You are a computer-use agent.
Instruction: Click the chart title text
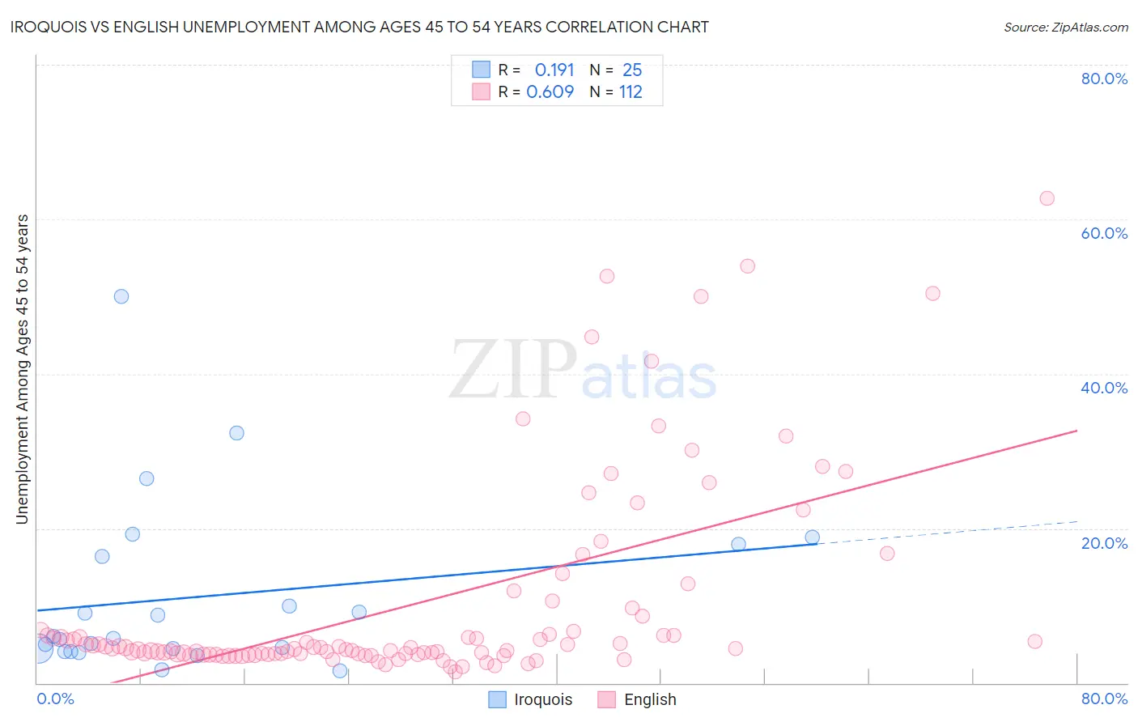359,27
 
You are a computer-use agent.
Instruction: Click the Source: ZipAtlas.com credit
1065,27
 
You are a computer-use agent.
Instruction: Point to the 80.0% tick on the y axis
1104,79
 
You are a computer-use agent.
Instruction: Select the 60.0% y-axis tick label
1104,233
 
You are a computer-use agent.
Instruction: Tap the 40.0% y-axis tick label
1104,388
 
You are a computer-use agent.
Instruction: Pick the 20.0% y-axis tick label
1104,543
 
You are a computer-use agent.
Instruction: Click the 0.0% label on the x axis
55,699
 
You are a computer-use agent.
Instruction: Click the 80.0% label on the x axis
1104,699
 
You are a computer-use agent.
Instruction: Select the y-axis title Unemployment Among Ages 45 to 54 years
23,369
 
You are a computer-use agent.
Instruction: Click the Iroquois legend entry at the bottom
531,699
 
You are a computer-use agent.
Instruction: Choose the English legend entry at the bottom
638,699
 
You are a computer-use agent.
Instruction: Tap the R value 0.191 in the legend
554,70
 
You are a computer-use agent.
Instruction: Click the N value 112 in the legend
631,92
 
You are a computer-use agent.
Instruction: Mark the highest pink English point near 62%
1047,198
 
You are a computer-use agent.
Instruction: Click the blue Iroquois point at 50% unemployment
121,296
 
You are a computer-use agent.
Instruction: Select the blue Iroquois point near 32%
236,433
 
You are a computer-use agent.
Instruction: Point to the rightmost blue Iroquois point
812,537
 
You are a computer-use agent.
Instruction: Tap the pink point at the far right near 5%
1034,642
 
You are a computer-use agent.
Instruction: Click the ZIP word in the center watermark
512,370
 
